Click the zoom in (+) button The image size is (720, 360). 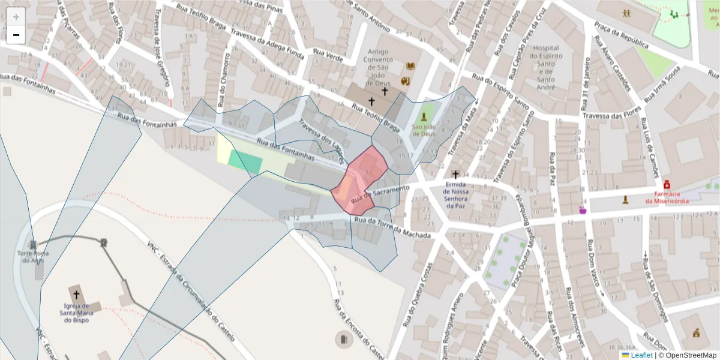tap(16, 17)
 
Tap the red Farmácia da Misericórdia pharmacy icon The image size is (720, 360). tap(667, 184)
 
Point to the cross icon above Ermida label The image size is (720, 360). tap(455, 174)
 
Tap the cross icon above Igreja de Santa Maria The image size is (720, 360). tap(76, 295)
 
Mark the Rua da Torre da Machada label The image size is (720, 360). tap(392, 228)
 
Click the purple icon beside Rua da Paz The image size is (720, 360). tap(581, 210)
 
